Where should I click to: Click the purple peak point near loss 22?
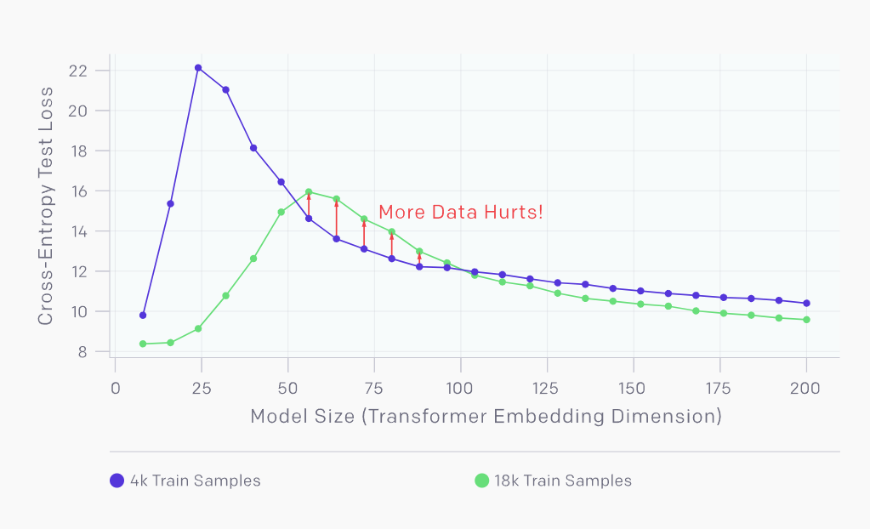[198, 68]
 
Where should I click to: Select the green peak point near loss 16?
[309, 192]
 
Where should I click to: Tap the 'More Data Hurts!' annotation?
[460, 213]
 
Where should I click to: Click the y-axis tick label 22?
[77, 71]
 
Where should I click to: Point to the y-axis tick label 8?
[82, 352]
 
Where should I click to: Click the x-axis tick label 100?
[460, 389]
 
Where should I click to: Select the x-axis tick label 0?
[116, 389]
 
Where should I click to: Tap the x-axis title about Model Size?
[486, 417]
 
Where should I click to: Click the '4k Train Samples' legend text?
[195, 481]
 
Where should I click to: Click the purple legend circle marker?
[117, 481]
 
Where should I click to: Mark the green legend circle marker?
[481, 481]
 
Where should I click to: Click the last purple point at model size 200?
[806, 304]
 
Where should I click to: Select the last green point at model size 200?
[806, 320]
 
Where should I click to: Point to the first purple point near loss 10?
[143, 316]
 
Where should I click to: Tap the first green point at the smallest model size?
[143, 344]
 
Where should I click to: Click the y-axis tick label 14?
[77, 231]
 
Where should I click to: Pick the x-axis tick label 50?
[287, 389]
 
